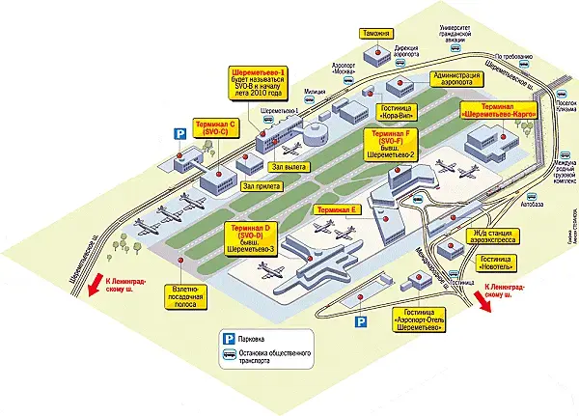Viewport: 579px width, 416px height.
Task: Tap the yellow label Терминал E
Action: [x=334, y=209]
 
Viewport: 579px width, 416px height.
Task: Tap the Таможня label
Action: [x=376, y=32]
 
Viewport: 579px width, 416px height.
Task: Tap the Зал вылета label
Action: [x=290, y=167]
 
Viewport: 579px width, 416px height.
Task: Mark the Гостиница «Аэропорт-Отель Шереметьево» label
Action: [x=419, y=320]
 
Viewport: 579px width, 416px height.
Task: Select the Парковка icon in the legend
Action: [x=232, y=339]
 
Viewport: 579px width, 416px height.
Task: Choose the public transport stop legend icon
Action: [x=232, y=357]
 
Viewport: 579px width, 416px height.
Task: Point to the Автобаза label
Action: [x=532, y=205]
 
